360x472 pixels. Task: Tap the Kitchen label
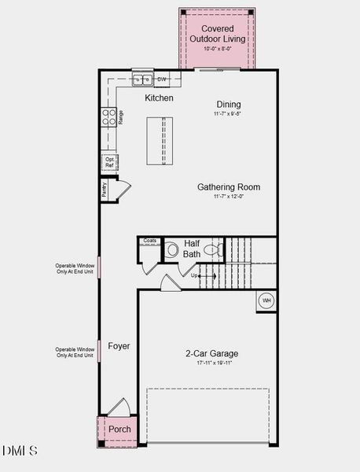pyautogui.click(x=160, y=98)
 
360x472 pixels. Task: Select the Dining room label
pyautogui.click(x=229, y=105)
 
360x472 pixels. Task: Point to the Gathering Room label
pyautogui.click(x=229, y=187)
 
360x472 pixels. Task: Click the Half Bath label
pyautogui.click(x=193, y=248)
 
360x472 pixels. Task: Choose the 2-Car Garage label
pyautogui.click(x=212, y=354)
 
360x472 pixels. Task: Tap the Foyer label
pyautogui.click(x=119, y=346)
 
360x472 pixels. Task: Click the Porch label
pyautogui.click(x=119, y=430)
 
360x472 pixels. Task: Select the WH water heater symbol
pyautogui.click(x=266, y=301)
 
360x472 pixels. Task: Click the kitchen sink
pyautogui.click(x=142, y=79)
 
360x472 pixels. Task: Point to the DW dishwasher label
pyautogui.click(x=162, y=79)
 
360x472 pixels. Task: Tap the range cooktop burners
pyautogui.click(x=108, y=117)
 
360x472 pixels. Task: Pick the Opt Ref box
pyautogui.click(x=109, y=163)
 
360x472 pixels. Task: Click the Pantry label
pyautogui.click(x=104, y=190)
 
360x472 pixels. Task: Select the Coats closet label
pyautogui.click(x=150, y=241)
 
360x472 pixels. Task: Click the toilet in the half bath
pyautogui.click(x=171, y=251)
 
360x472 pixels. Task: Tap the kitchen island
pyautogui.click(x=160, y=140)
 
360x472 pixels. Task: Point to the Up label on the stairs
pyautogui.click(x=195, y=276)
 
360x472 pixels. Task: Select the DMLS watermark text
pyautogui.click(x=20, y=451)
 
